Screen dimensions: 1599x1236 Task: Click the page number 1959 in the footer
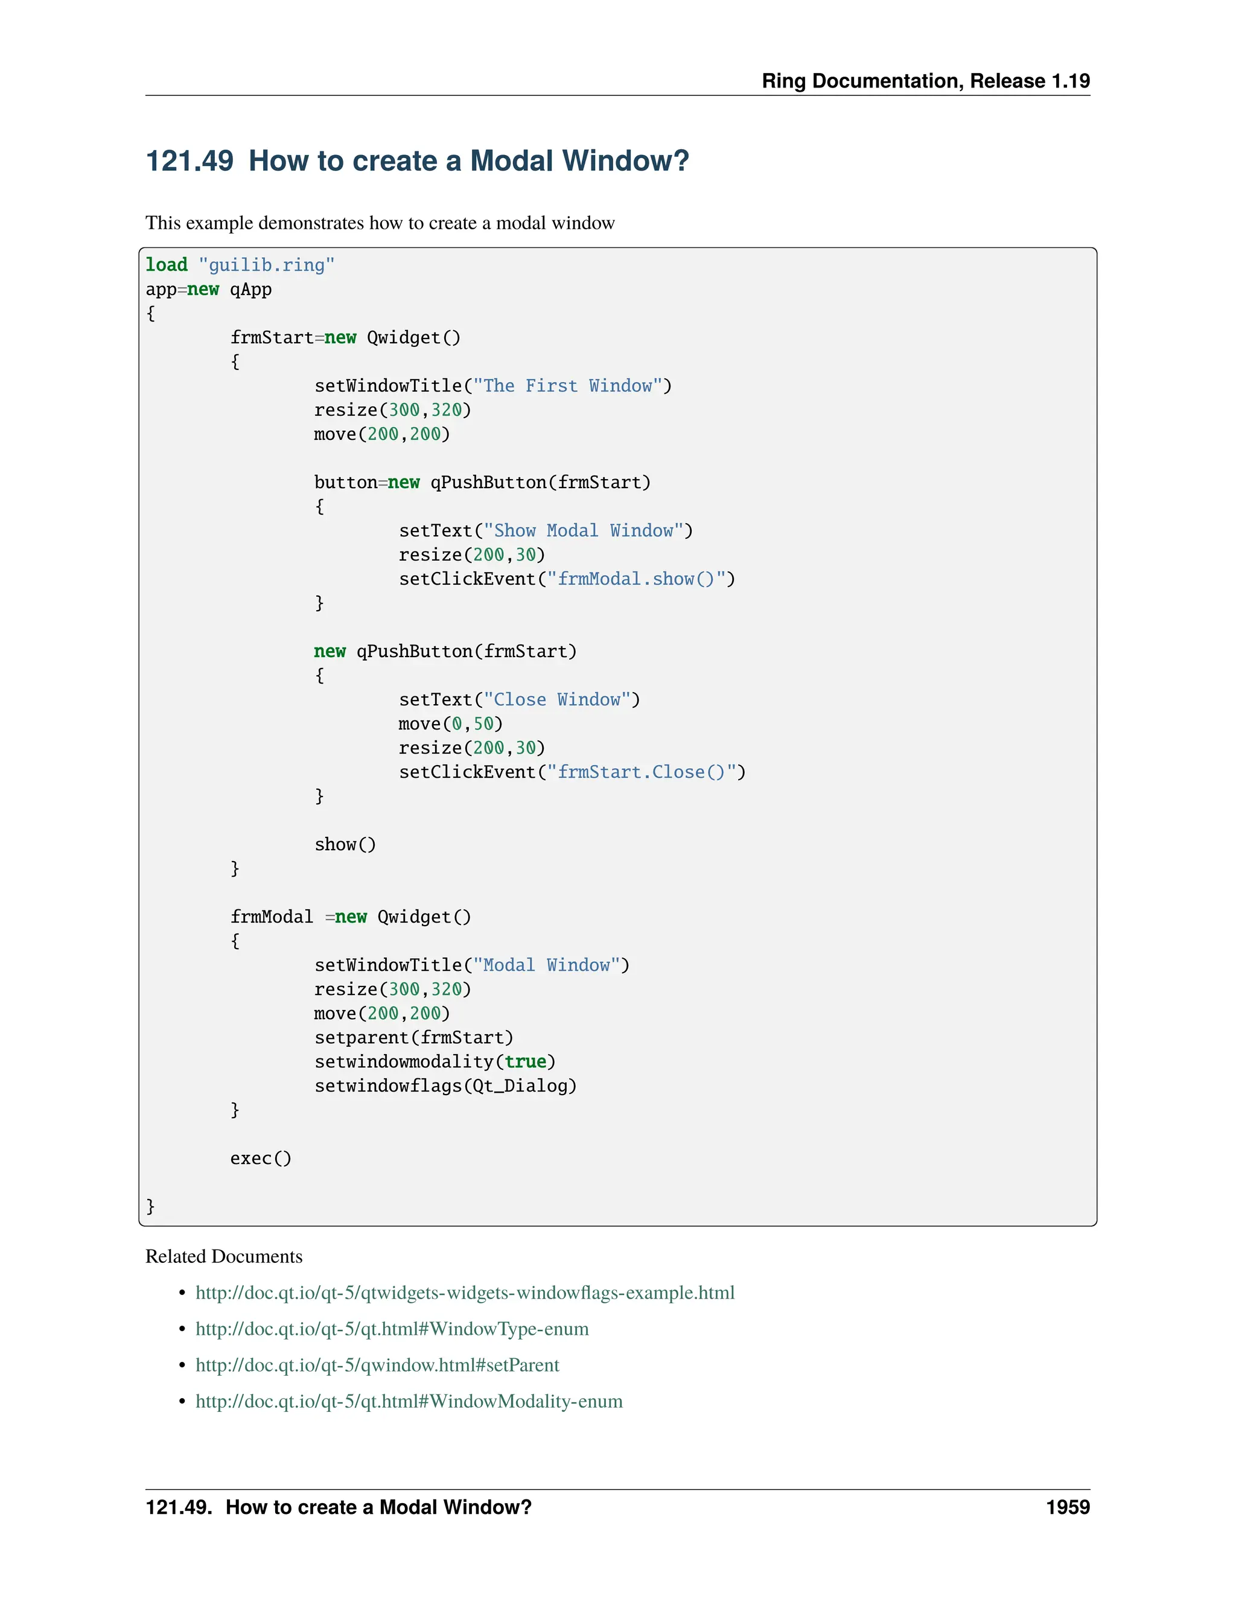point(1067,1507)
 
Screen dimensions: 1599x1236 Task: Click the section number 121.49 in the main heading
point(190,161)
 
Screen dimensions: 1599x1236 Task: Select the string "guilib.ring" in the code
point(267,265)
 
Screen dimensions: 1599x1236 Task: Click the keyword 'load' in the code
point(166,265)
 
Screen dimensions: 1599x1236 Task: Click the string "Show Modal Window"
point(583,531)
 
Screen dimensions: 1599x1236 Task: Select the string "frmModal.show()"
point(636,579)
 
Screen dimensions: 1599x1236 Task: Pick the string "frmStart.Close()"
point(642,772)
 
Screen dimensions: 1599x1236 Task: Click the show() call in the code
point(345,845)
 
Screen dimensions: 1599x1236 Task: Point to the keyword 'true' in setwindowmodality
point(525,1063)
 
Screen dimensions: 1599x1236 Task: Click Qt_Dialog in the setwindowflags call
point(520,1087)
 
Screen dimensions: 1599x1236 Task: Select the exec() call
point(261,1159)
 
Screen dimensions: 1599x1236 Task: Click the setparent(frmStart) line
point(413,1038)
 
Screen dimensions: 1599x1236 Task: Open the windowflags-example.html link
point(465,1293)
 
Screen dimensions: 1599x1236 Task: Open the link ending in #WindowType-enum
point(392,1329)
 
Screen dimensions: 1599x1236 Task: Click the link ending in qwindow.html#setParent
point(377,1365)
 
